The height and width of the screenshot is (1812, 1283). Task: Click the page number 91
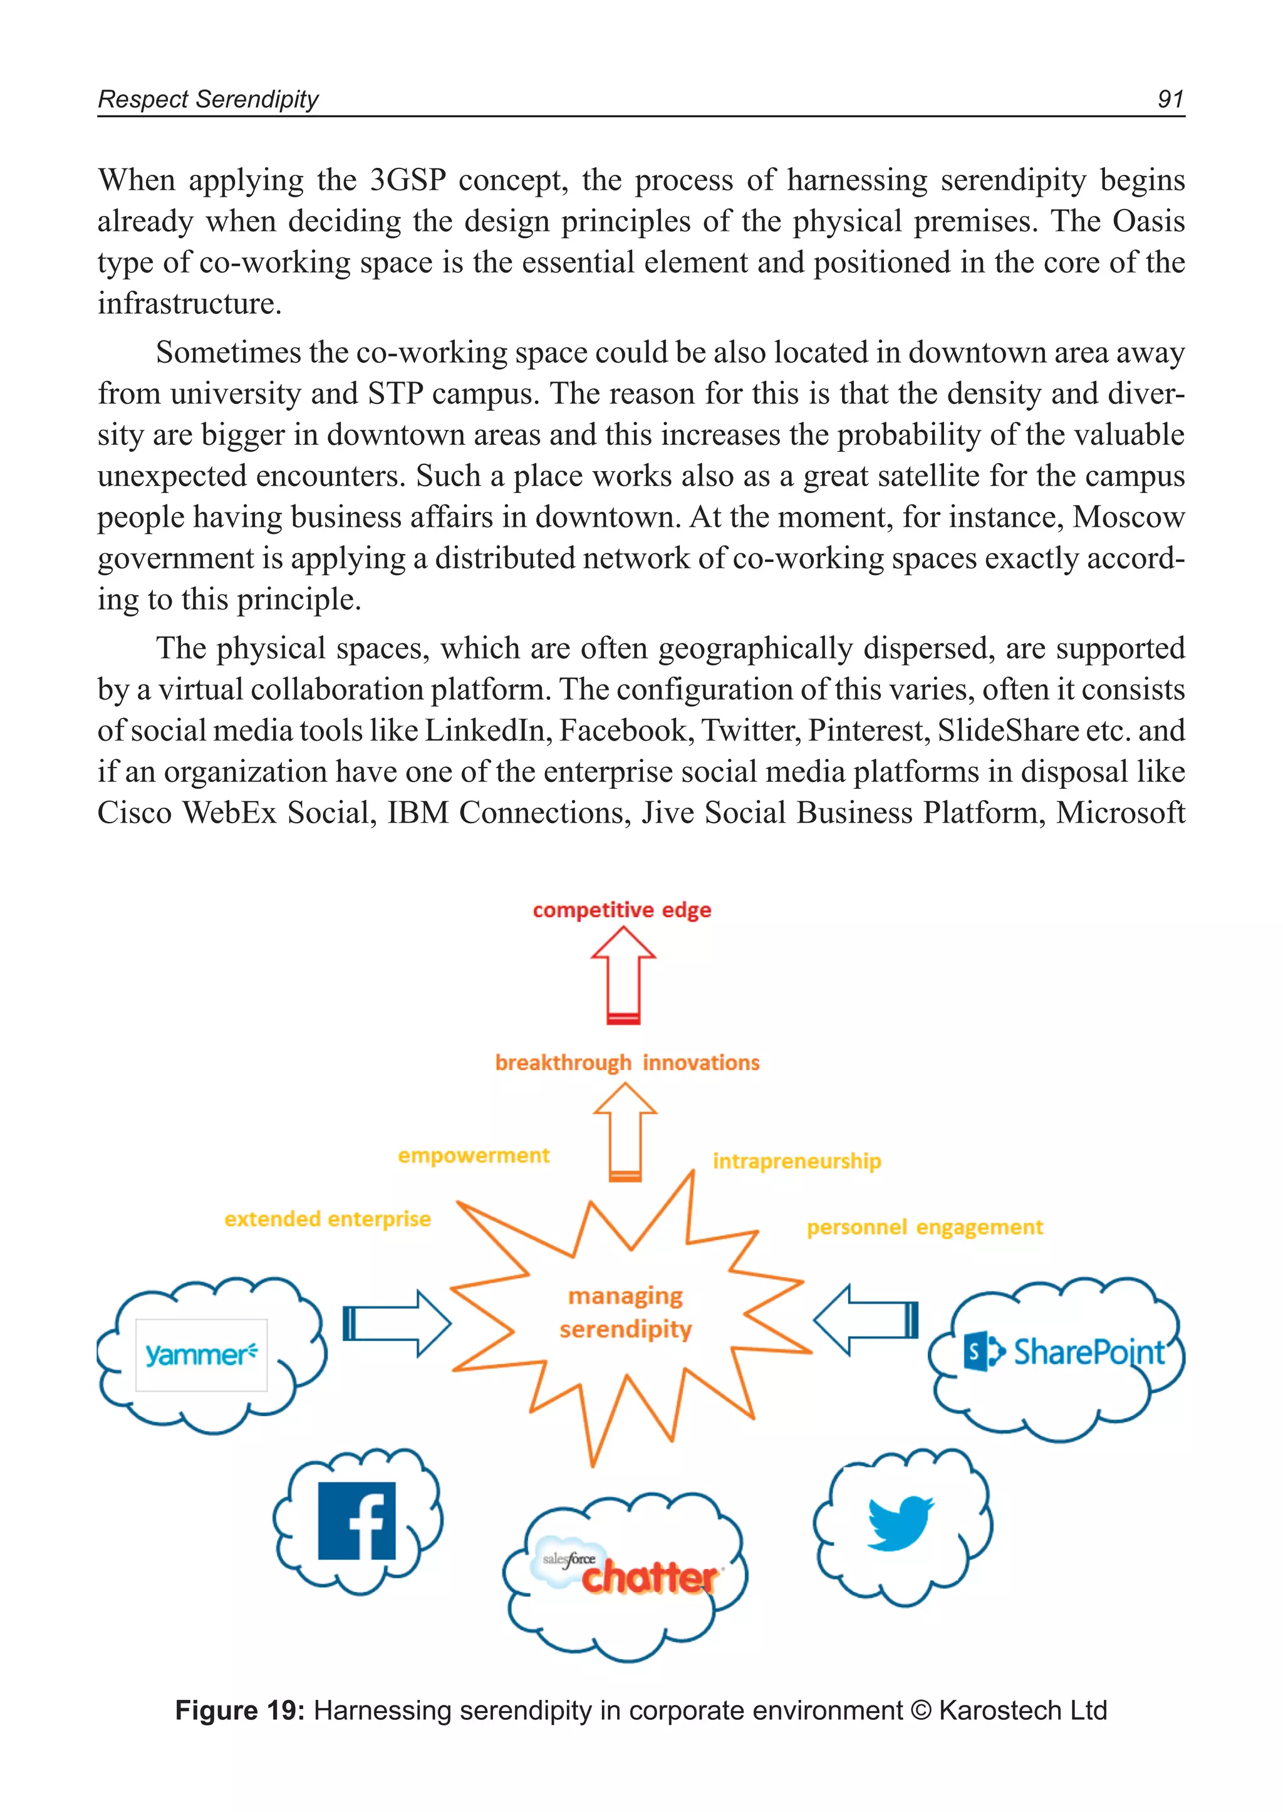(x=1170, y=99)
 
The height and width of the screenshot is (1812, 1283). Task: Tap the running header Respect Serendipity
(x=208, y=100)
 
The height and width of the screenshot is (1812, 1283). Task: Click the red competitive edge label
(x=621, y=910)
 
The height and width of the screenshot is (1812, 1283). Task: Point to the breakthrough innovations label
(x=627, y=1063)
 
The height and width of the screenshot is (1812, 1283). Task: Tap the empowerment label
(x=473, y=1155)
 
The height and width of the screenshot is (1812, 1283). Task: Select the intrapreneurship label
(x=796, y=1161)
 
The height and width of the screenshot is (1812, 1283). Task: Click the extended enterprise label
(x=327, y=1219)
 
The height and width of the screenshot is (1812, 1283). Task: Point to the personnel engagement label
(x=924, y=1227)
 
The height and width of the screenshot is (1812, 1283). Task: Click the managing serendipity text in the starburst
(x=625, y=1313)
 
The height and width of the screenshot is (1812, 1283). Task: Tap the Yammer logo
(x=202, y=1355)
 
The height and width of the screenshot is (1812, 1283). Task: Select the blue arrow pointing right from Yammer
(x=396, y=1324)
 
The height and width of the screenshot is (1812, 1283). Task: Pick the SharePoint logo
(x=1064, y=1352)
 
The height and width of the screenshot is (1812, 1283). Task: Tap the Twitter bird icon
(x=900, y=1522)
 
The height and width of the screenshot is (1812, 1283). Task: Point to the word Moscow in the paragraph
(x=1128, y=517)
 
